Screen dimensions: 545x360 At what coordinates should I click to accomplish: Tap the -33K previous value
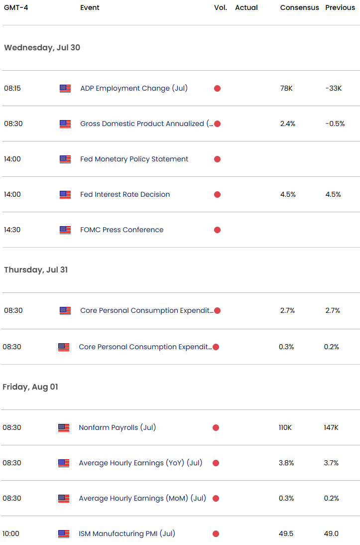(333, 88)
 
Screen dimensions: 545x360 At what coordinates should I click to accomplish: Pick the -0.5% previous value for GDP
(335, 124)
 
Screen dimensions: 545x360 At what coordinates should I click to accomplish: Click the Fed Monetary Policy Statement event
(134, 159)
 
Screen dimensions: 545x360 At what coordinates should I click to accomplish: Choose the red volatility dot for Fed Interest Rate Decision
(217, 194)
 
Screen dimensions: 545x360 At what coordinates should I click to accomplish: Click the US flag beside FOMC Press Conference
(65, 230)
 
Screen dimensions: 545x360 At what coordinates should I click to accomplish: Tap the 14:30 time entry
(12, 230)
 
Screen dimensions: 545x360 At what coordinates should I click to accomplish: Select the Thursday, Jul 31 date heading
(36, 270)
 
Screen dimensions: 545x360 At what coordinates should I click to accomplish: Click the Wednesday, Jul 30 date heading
(42, 48)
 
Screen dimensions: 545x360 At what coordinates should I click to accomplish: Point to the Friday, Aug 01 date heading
(30, 387)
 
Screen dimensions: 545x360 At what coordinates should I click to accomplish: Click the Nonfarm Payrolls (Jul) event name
(117, 427)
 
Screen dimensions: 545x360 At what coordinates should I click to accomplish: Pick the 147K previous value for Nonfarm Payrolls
(331, 427)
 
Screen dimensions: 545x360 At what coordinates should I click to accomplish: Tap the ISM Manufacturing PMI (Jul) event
(127, 534)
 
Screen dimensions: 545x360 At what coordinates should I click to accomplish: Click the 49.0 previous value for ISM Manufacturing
(331, 534)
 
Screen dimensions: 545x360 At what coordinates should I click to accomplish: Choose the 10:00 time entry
(11, 534)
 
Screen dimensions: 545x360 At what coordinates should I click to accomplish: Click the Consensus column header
(299, 7)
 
